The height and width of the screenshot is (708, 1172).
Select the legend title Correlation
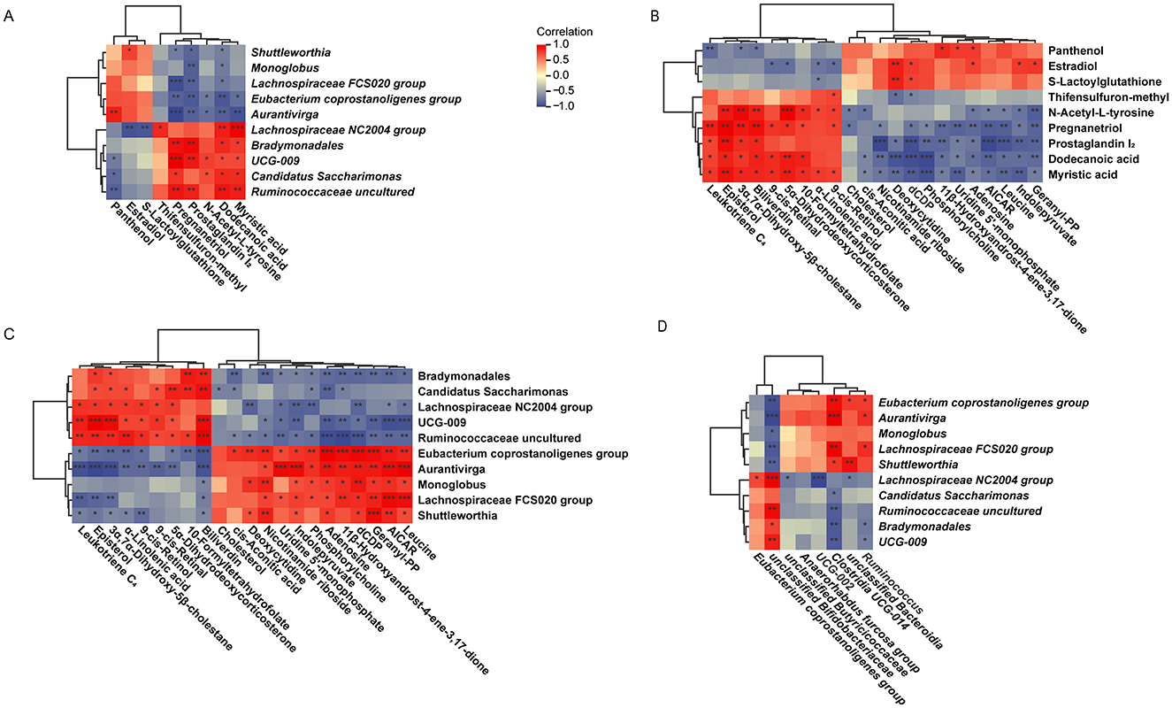click(563, 31)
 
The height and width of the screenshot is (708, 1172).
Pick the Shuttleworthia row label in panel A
click(289, 50)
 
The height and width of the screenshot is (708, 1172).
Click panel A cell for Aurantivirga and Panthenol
click(114, 113)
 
